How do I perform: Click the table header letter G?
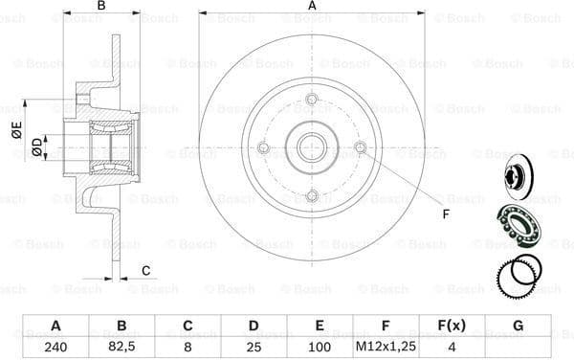pos(518,326)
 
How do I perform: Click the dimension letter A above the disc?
pos(312,7)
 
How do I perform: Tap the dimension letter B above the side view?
pos(101,7)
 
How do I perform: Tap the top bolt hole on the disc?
pos(312,100)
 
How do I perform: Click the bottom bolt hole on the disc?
pos(312,195)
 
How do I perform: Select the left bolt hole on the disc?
pos(264,147)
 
